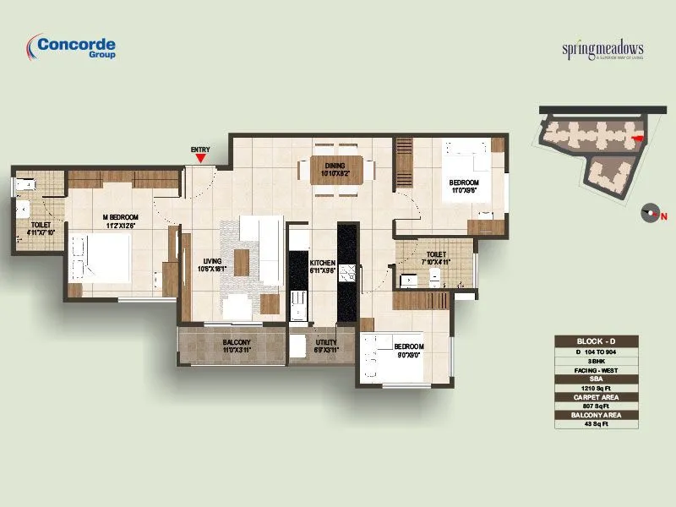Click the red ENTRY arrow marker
point(199,157)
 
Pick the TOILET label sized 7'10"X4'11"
point(437,258)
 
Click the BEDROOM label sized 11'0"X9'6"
point(464,186)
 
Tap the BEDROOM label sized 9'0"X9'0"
point(409,351)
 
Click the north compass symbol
point(650,213)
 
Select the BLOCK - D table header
point(597,341)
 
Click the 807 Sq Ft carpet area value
point(597,405)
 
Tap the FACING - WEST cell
point(597,368)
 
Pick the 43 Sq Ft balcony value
point(597,423)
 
